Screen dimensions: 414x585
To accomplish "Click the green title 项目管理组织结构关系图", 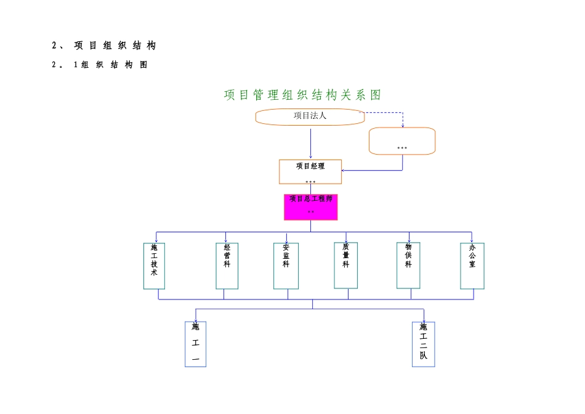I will pos(302,95).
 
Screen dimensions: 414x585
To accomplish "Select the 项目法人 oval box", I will pos(310,116).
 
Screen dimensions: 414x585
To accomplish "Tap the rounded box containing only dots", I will pos(401,141).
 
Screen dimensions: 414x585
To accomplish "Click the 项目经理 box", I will pos(310,172).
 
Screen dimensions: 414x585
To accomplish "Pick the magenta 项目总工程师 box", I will pos(310,207).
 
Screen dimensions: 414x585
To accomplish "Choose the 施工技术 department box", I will pos(154,266).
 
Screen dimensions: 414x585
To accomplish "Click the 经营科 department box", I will pos(227,266).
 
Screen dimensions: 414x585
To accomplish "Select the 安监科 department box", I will pos(286,266).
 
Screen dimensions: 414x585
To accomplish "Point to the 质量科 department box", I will pos(345,265).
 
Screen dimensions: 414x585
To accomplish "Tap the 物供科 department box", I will pos(408,265).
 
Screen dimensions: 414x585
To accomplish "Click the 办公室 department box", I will pos(472,266).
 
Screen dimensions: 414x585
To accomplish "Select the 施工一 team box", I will pos(195,344).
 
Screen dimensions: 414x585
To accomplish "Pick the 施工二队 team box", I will pos(423,344).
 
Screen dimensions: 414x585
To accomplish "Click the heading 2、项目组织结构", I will pos(104,46).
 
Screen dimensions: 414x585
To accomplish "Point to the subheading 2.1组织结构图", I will pos(100,65).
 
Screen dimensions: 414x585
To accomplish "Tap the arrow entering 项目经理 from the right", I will pos(369,171).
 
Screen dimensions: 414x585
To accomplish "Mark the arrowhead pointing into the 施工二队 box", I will pos(424,320).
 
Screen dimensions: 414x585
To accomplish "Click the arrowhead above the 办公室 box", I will pos(472,240).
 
